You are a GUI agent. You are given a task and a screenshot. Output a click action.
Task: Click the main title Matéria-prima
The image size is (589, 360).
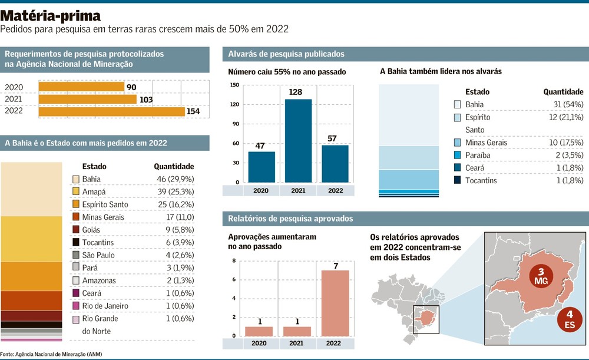51,16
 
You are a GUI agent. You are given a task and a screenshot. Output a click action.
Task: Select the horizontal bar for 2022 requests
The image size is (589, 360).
111,112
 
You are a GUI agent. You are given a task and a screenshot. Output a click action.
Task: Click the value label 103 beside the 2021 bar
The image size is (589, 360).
146,100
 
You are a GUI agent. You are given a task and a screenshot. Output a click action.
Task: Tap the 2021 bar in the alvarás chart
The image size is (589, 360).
299,140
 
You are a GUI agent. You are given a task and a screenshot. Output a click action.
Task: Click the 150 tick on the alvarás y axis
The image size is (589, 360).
234,85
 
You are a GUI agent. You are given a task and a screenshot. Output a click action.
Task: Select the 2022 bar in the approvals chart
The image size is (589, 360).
335,303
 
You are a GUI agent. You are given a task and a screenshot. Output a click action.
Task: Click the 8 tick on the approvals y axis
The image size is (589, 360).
234,261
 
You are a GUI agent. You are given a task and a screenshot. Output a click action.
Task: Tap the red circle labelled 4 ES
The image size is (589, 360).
569,319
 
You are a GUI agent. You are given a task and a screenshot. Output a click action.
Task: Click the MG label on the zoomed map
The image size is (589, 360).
541,282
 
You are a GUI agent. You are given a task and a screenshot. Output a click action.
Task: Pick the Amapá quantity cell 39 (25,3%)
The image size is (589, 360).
174,191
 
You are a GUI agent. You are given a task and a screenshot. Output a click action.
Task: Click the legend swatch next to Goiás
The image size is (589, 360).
76,230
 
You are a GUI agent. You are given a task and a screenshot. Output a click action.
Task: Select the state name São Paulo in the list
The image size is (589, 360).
98,255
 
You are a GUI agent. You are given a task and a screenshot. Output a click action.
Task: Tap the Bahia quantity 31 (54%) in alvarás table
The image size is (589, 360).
562,104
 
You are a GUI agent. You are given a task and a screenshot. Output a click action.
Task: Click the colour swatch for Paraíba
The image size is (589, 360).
458,156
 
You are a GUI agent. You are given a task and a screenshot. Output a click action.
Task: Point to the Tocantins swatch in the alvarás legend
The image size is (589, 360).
458,181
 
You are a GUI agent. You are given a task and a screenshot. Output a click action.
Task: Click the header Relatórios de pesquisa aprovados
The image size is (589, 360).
290,219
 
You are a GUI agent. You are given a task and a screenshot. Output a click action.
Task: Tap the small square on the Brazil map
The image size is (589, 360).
426,320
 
